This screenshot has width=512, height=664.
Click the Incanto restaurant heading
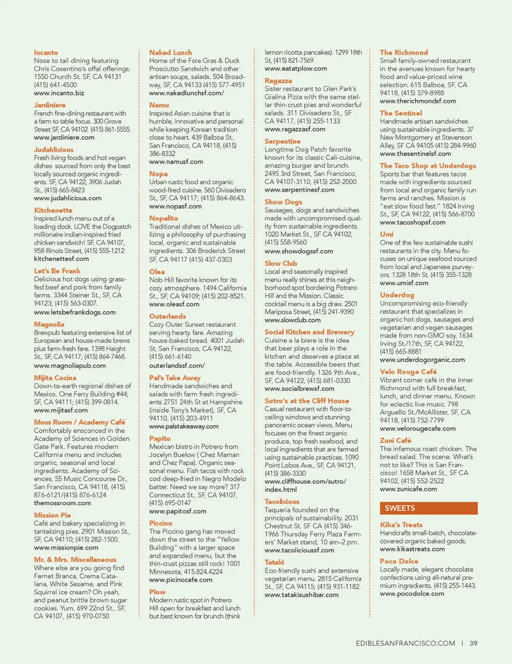click(x=46, y=53)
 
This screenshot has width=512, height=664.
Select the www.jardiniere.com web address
click(x=64, y=138)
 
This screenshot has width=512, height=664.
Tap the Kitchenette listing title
click(x=53, y=211)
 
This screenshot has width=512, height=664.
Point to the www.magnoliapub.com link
click(x=70, y=366)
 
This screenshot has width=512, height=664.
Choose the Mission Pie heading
click(x=52, y=515)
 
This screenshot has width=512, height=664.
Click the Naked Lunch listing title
click(x=171, y=53)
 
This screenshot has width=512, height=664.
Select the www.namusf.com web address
click(x=176, y=162)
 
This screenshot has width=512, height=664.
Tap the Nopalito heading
click(x=164, y=218)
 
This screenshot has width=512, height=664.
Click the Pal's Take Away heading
click(x=175, y=378)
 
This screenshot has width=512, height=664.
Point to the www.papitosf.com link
click(x=178, y=511)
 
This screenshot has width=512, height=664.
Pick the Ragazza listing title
click(x=278, y=81)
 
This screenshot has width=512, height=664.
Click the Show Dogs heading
click(x=283, y=202)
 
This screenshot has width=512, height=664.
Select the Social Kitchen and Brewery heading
click(x=309, y=332)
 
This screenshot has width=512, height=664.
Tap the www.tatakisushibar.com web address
click(x=301, y=595)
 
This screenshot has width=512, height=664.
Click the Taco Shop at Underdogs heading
click(x=428, y=166)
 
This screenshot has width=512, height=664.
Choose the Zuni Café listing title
click(x=395, y=441)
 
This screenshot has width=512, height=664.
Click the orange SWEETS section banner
click(x=428, y=508)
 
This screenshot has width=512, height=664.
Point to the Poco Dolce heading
click(x=399, y=561)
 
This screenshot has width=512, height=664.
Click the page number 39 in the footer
click(x=474, y=643)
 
